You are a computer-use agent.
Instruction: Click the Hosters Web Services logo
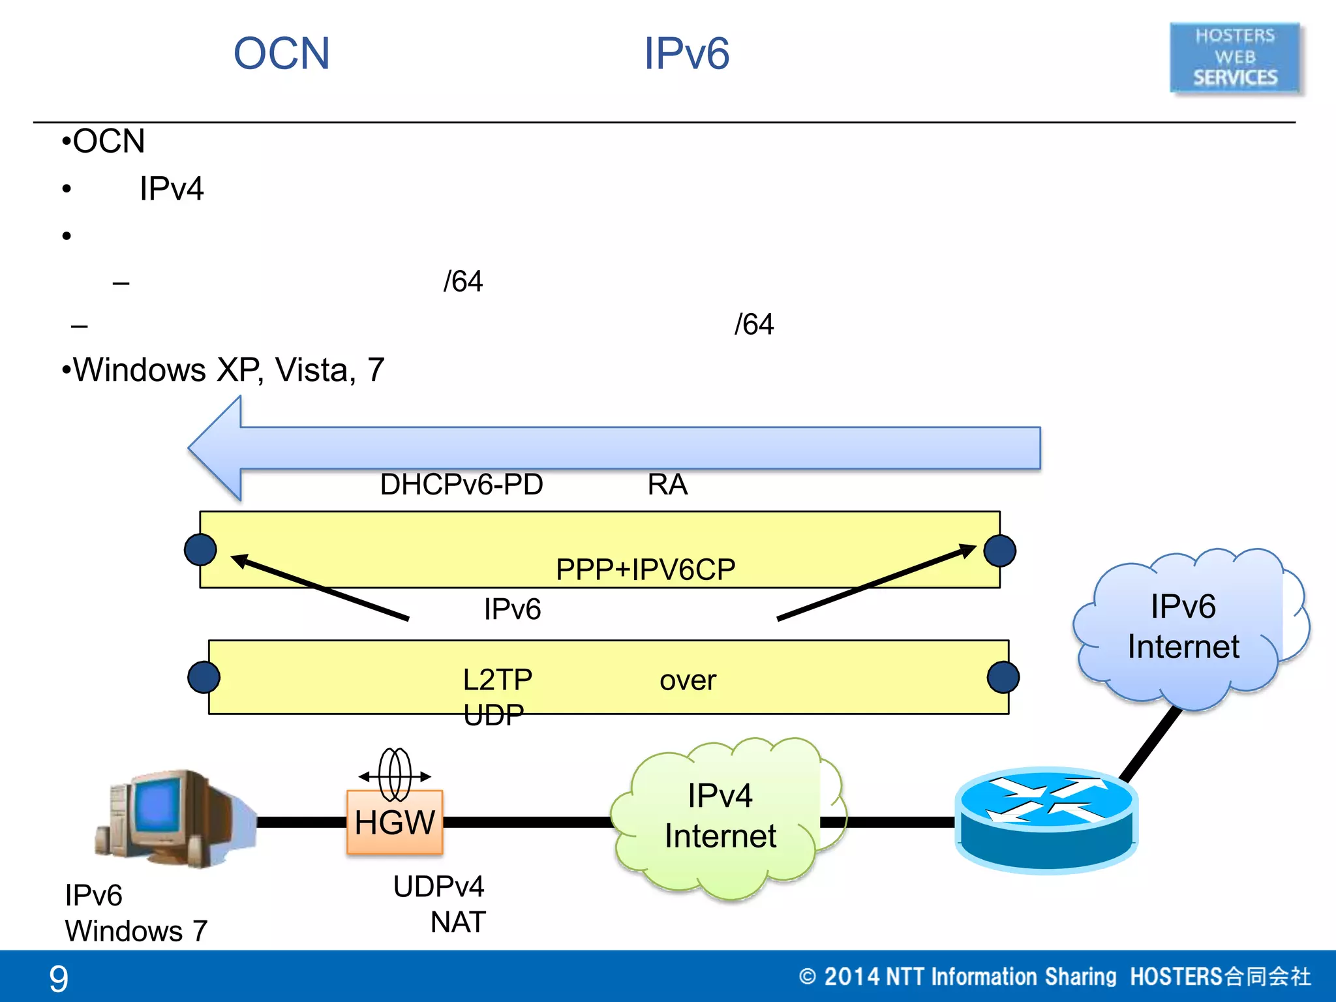coord(1235,57)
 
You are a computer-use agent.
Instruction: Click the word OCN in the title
coord(282,53)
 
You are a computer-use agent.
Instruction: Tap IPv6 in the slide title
coord(686,53)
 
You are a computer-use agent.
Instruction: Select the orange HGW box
coord(395,822)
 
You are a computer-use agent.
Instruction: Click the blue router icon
coord(1046,821)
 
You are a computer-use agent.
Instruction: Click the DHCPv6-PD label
coord(461,485)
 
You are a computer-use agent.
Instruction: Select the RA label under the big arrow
coord(667,485)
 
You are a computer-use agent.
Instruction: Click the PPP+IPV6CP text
coord(645,569)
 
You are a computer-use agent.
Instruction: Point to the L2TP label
coord(498,680)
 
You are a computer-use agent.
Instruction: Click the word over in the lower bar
coord(688,680)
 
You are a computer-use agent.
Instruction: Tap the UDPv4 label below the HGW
coord(438,887)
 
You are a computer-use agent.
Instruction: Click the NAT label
coord(458,922)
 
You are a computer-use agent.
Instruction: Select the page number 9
coord(59,978)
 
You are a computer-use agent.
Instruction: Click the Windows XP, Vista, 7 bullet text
coord(228,370)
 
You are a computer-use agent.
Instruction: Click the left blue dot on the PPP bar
coord(200,549)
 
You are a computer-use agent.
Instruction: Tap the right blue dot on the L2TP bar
coord(1003,677)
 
